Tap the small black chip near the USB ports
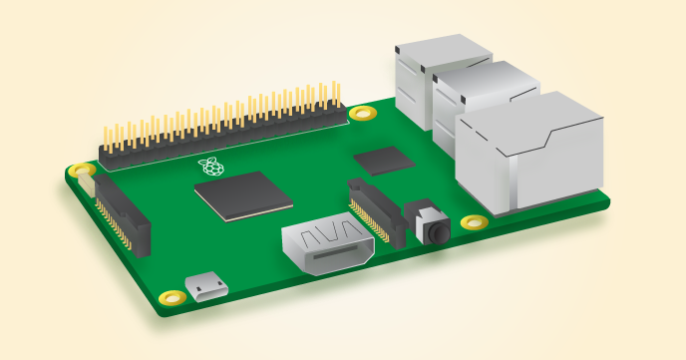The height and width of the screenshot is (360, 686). click(x=384, y=160)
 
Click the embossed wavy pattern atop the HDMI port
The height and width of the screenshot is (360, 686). click(x=328, y=237)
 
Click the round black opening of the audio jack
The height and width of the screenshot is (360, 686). click(x=437, y=231)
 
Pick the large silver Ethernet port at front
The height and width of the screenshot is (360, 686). click(x=528, y=155)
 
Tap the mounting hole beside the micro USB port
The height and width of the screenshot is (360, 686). click(x=173, y=296)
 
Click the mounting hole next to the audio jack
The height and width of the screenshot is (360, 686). click(x=475, y=222)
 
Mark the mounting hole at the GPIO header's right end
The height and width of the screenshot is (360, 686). click(x=362, y=112)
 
